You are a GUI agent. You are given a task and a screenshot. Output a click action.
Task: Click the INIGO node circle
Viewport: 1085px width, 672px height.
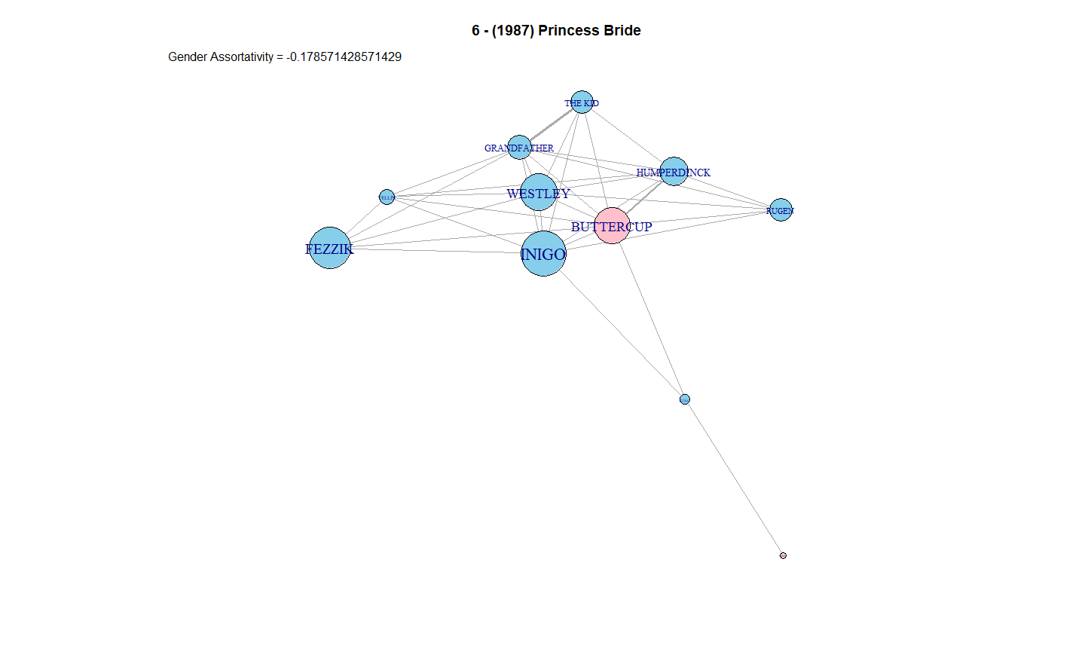[543, 254]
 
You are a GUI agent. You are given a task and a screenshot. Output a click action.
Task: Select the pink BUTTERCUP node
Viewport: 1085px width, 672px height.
[612, 225]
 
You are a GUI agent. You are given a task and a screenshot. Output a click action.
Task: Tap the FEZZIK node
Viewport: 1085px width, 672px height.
[330, 248]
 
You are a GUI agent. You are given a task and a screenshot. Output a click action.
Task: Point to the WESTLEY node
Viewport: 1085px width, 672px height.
[539, 192]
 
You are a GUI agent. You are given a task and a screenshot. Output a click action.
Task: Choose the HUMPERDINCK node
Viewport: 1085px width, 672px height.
[674, 171]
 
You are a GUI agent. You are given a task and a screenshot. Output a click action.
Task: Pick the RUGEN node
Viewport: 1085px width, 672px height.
[781, 210]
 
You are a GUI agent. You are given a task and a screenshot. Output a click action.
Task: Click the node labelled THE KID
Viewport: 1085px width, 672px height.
[582, 102]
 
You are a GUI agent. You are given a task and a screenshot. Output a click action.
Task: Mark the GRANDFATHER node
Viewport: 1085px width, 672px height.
[519, 147]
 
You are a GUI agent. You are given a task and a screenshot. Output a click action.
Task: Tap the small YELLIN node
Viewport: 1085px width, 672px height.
[387, 197]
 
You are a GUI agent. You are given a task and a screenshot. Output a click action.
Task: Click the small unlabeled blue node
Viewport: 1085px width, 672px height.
[684, 399]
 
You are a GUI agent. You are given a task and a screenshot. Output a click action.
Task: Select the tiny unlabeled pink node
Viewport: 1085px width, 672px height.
[783, 555]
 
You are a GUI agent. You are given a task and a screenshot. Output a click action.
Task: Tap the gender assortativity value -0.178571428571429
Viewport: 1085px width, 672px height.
[344, 57]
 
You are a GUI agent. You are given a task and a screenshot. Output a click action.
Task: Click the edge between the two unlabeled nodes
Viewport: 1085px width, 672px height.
[733, 477]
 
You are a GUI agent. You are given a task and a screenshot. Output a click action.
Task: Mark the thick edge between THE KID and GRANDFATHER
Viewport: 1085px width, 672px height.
[551, 124]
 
